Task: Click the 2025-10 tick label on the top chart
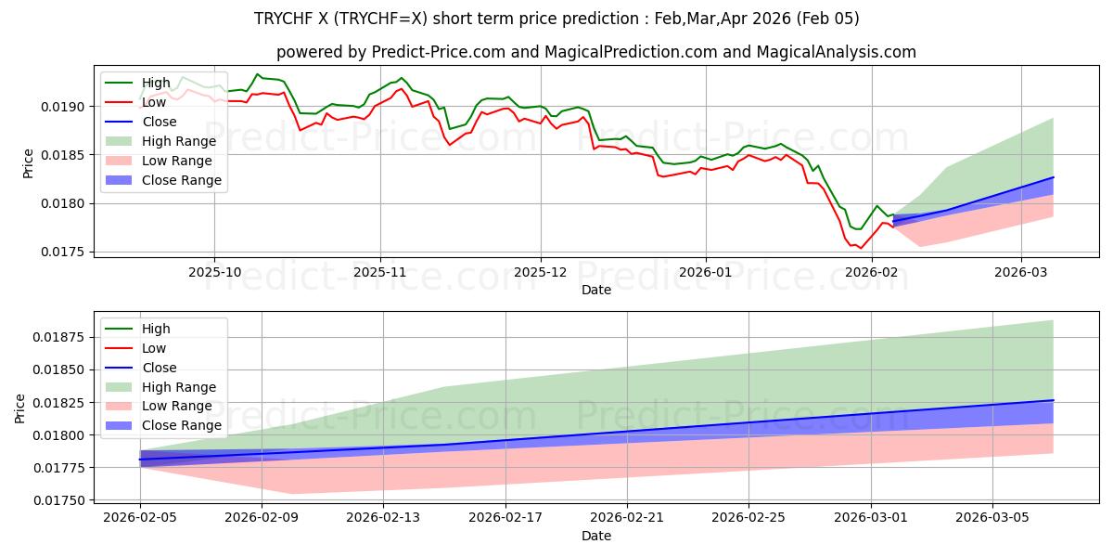click(214, 272)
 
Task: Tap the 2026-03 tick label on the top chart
click(1021, 272)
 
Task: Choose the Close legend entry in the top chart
click(160, 122)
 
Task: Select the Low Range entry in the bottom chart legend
click(177, 406)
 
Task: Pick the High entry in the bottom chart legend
click(156, 329)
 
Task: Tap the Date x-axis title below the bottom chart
click(596, 536)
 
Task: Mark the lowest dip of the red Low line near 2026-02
click(860, 248)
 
